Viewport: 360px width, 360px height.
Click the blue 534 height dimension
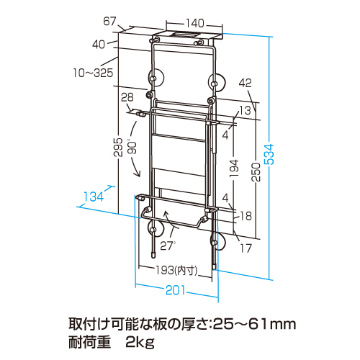269,154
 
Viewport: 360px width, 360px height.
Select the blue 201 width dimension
176,290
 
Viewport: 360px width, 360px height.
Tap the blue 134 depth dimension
94,197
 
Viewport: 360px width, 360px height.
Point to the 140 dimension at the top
195,23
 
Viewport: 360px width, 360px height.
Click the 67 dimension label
109,21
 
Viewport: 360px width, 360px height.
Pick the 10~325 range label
93,73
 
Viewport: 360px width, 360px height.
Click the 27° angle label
168,246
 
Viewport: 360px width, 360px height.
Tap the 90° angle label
132,148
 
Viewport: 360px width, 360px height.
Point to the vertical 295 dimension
118,147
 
